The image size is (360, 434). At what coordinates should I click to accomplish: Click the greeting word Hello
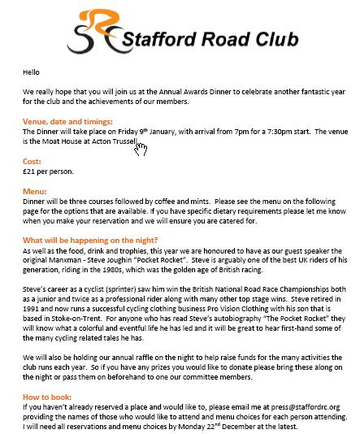[32, 72]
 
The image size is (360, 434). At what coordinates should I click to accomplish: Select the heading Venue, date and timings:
[71, 120]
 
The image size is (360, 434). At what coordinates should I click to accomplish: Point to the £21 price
[29, 171]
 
